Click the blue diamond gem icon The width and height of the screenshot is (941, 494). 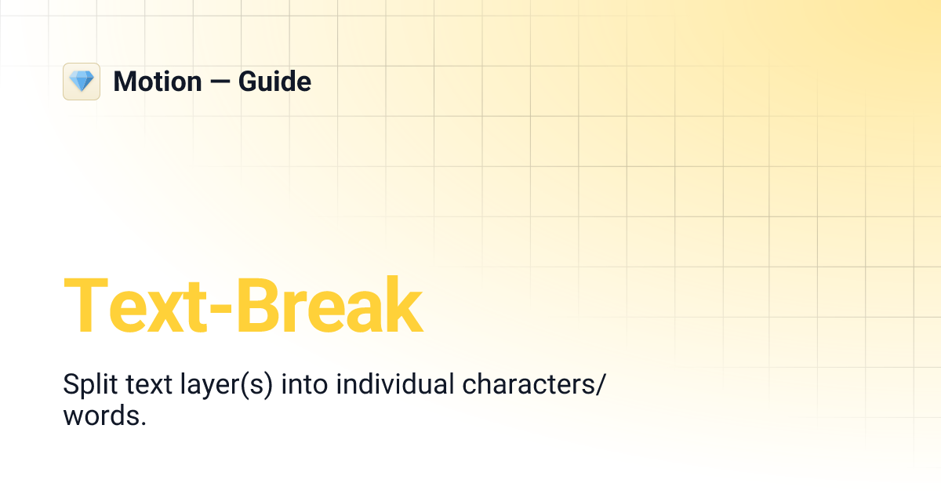click(x=82, y=82)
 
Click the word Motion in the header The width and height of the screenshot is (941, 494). click(x=157, y=82)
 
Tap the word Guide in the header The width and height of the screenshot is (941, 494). click(x=274, y=82)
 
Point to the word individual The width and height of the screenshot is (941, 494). click(x=394, y=385)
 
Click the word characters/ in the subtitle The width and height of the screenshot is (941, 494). click(x=535, y=385)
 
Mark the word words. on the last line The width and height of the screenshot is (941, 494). click(x=104, y=416)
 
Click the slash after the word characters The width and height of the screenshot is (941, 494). click(x=601, y=386)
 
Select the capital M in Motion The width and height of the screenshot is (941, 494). click(x=125, y=82)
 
